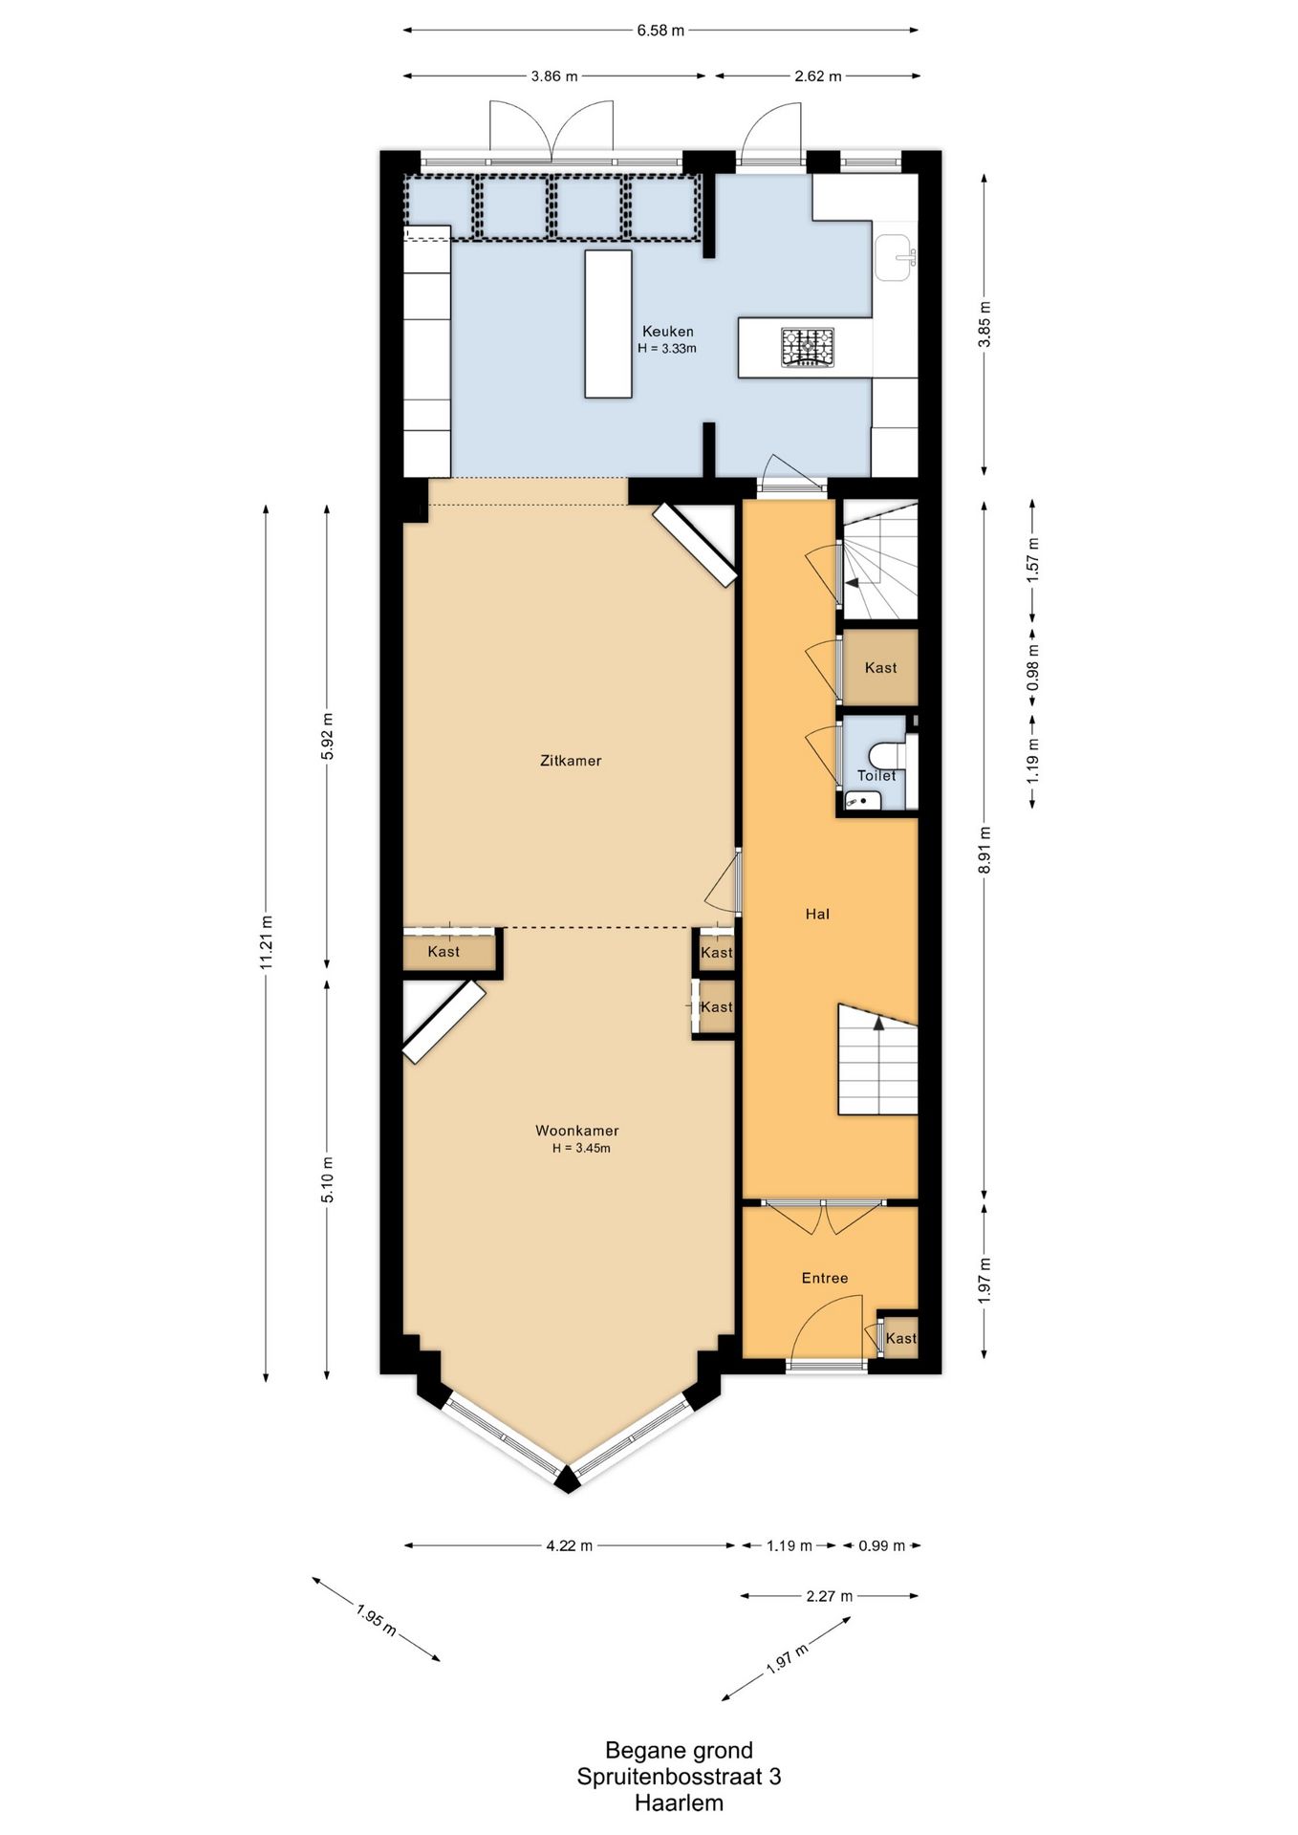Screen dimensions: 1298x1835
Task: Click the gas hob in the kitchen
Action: [808, 347]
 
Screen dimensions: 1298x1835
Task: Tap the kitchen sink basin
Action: [895, 257]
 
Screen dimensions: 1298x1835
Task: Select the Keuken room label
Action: [668, 332]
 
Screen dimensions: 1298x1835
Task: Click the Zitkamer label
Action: [571, 761]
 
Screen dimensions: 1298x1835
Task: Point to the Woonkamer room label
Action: [577, 1131]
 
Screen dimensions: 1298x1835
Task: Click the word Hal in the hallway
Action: [817, 914]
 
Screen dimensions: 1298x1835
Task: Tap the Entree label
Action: [825, 1278]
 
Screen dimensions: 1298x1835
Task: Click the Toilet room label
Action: [876, 775]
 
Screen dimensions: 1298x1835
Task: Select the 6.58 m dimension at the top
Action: [661, 30]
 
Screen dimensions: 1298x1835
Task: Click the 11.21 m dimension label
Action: [267, 942]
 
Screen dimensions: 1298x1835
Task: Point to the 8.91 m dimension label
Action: [985, 851]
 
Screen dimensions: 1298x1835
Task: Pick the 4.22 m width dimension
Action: [570, 1545]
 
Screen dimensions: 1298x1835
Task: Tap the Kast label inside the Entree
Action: [901, 1338]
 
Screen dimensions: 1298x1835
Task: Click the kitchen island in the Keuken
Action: [609, 324]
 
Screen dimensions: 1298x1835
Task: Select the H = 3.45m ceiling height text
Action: [581, 1148]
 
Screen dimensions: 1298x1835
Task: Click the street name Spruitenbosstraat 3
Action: [679, 1776]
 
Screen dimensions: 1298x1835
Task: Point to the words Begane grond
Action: [679, 1750]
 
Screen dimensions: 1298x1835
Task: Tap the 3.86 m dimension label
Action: [554, 76]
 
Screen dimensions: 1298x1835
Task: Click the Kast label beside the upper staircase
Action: [880, 668]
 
